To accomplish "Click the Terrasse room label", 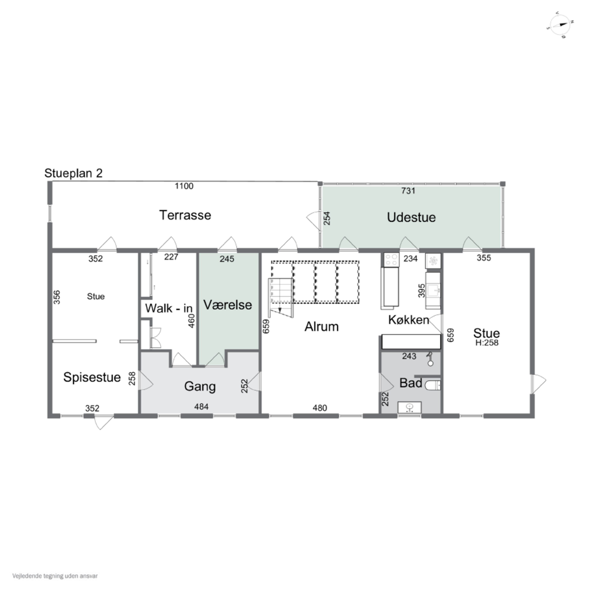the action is (x=185, y=215).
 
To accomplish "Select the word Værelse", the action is (x=228, y=305).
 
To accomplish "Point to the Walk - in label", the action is (x=169, y=308).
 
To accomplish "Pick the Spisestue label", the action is (x=92, y=377).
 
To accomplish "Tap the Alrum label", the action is (x=322, y=327).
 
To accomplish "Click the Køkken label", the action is (x=409, y=320).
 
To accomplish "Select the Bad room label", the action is (x=411, y=383).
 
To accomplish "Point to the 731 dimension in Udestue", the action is (x=408, y=191).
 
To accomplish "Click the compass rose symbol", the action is (x=560, y=25).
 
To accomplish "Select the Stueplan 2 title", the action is (x=73, y=173).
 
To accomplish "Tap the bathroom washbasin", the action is (x=409, y=407).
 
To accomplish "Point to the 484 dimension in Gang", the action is (x=201, y=407).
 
